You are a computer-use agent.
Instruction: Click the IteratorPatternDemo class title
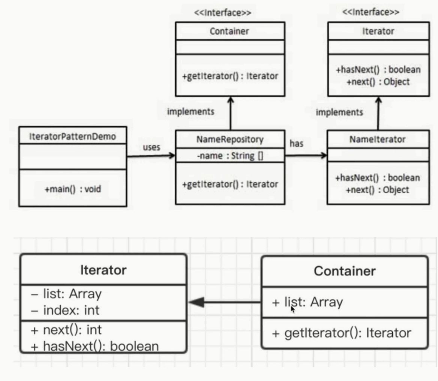pyautogui.click(x=72, y=136)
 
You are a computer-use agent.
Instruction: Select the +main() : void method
pyautogui.click(x=73, y=189)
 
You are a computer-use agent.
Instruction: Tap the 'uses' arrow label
pyautogui.click(x=151, y=147)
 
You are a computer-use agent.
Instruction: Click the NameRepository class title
pyautogui.click(x=230, y=139)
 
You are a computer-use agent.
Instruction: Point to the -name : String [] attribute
pyautogui.click(x=230, y=156)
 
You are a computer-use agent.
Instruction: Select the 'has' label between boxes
pyautogui.click(x=296, y=143)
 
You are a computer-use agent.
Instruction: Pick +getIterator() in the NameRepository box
pyautogui.click(x=230, y=184)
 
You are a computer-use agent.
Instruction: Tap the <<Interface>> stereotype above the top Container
pyautogui.click(x=222, y=13)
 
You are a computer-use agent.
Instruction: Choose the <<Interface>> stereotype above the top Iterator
pyautogui.click(x=370, y=12)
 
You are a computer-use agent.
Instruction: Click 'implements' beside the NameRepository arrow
pyautogui.click(x=190, y=111)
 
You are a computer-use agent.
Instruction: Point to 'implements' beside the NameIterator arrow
pyautogui.click(x=339, y=112)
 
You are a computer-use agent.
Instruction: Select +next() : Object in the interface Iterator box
pyautogui.click(x=378, y=82)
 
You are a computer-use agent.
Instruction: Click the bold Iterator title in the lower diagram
pyautogui.click(x=103, y=270)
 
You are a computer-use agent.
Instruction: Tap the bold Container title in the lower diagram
pyautogui.click(x=344, y=271)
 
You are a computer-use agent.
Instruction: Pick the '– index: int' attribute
pyautogui.click(x=66, y=310)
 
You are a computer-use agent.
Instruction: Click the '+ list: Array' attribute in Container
pyautogui.click(x=307, y=302)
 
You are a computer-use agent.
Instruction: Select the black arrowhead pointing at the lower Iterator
pyautogui.click(x=197, y=302)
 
